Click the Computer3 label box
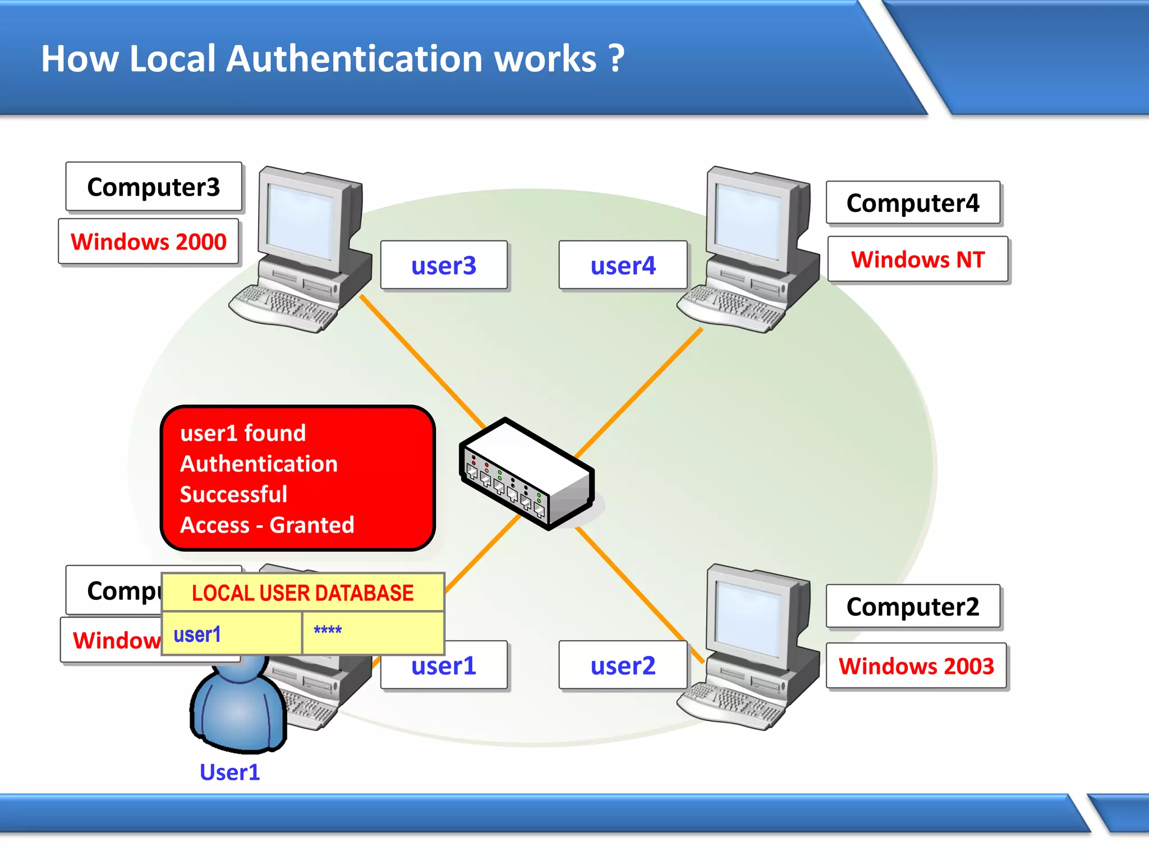[x=153, y=187]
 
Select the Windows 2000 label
[x=149, y=242]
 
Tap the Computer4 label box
[x=913, y=203]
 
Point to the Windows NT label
[x=918, y=260]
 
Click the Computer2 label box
[x=913, y=607]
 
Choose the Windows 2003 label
[x=916, y=666]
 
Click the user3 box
[x=444, y=265]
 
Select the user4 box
[x=623, y=265]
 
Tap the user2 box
[x=623, y=665]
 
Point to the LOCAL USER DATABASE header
[x=302, y=592]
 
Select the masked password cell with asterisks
[x=373, y=632]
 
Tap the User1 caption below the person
[x=229, y=772]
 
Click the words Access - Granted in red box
[x=267, y=525]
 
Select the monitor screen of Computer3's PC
[x=301, y=219]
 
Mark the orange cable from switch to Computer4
[x=640, y=392]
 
